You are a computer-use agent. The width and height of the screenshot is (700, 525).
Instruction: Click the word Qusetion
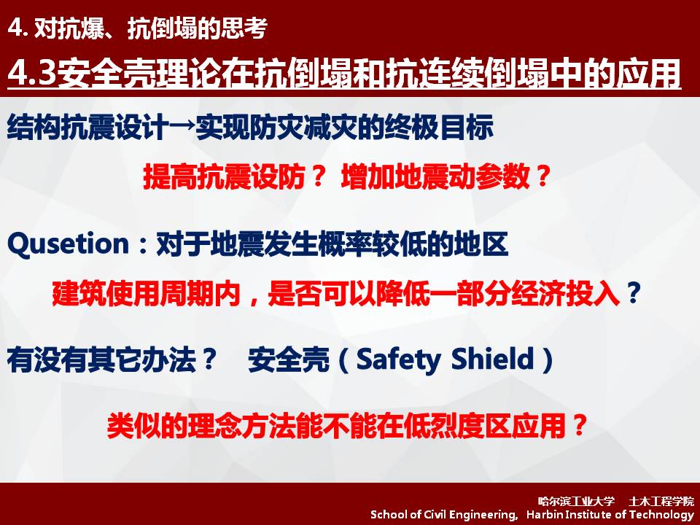tap(69, 245)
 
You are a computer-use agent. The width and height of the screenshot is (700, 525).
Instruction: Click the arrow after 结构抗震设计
tap(182, 126)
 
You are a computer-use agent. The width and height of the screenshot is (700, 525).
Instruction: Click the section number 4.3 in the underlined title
tap(32, 73)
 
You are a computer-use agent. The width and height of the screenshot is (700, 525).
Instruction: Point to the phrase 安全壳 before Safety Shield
tap(289, 359)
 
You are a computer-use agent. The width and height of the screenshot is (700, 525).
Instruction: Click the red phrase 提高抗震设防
tap(224, 176)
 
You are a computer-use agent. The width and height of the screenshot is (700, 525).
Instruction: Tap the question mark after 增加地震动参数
tap(542, 176)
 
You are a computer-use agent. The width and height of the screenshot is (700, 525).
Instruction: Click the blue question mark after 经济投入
tap(634, 293)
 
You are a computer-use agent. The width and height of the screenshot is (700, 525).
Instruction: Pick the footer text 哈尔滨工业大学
tap(576, 501)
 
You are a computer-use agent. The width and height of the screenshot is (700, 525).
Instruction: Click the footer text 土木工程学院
tap(661, 501)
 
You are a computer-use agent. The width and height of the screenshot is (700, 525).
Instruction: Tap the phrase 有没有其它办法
tap(102, 359)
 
